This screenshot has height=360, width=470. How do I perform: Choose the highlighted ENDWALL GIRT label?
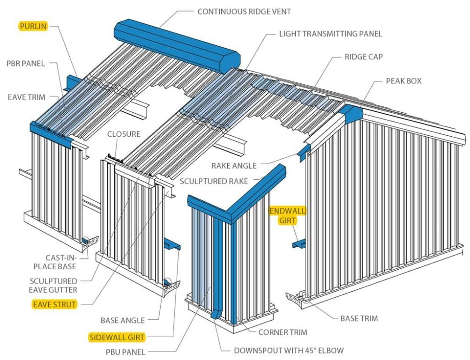[287, 216]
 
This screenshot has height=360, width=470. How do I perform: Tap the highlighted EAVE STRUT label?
[54, 304]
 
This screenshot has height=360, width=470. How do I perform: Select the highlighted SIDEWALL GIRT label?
[117, 336]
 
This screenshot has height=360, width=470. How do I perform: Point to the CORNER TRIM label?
[283, 332]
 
